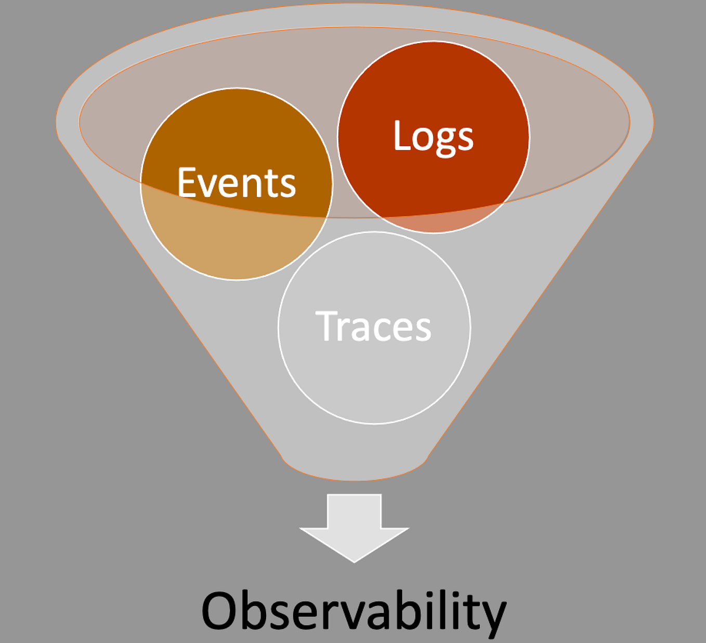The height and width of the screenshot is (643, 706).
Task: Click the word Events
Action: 237,182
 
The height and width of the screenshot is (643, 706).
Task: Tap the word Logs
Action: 433,136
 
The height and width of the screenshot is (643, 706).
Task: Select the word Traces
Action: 373,326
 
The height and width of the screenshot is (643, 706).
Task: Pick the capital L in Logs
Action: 402,136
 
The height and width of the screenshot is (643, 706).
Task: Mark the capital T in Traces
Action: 327,326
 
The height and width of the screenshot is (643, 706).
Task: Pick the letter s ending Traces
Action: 421,330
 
